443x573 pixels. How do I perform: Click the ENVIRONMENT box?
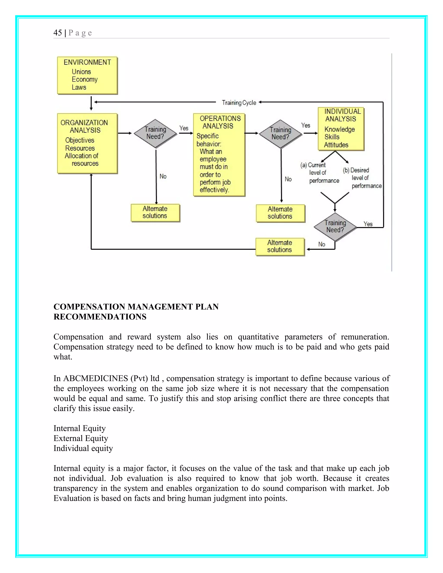coord(87,75)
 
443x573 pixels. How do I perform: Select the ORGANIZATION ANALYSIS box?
coord(87,143)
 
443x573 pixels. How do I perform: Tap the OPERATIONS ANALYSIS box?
coord(219,155)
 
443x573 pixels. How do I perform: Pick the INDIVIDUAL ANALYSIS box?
coord(341,129)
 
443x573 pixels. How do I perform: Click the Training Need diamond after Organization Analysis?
coord(155,133)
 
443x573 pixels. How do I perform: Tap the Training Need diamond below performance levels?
coord(335,227)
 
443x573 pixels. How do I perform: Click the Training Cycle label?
coord(239,102)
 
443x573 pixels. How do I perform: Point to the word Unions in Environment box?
coord(81,72)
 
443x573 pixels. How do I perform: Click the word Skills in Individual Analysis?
coord(332,137)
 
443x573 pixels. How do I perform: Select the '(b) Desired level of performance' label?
coord(362,178)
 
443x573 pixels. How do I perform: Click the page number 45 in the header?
coord(58,33)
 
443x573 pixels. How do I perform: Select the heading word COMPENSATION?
coord(89,307)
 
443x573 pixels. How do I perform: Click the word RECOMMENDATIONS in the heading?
coord(100,317)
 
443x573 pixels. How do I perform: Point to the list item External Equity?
coord(80,438)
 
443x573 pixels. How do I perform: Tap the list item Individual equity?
coord(83,448)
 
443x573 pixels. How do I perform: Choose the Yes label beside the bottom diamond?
coord(368,224)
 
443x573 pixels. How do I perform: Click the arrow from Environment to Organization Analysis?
coord(91,103)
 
